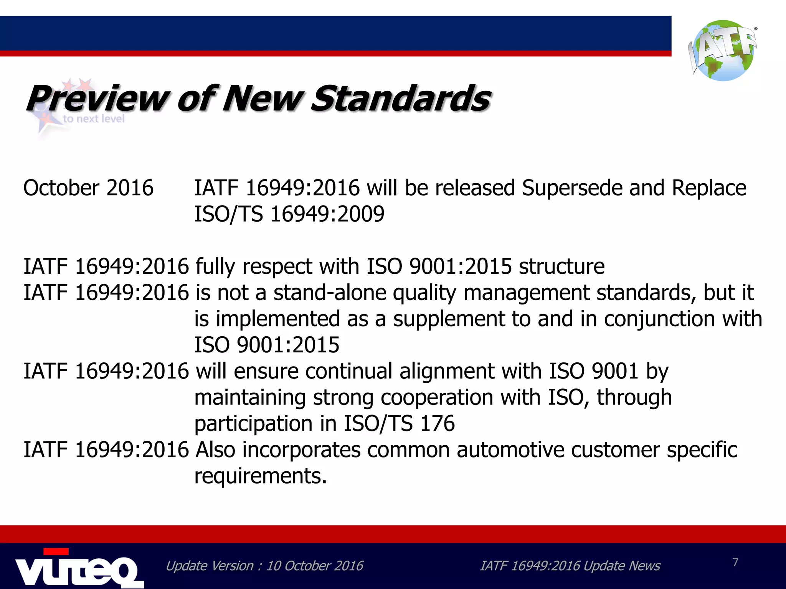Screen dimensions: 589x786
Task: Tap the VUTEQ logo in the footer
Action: pyautogui.click(x=79, y=569)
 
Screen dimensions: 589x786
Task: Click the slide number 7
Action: pyautogui.click(x=735, y=562)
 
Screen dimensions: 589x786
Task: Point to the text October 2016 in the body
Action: pyautogui.click(x=88, y=188)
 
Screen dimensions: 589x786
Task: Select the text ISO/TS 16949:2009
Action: pyautogui.click(x=289, y=214)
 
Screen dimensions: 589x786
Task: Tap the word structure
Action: pyautogui.click(x=561, y=267)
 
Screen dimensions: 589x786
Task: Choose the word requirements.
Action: pyautogui.click(x=260, y=476)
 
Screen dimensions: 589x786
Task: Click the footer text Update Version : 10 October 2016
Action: pyautogui.click(x=264, y=566)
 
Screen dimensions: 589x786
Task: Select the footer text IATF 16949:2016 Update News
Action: pyautogui.click(x=570, y=566)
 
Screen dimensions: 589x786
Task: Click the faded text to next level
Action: pyautogui.click(x=94, y=118)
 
